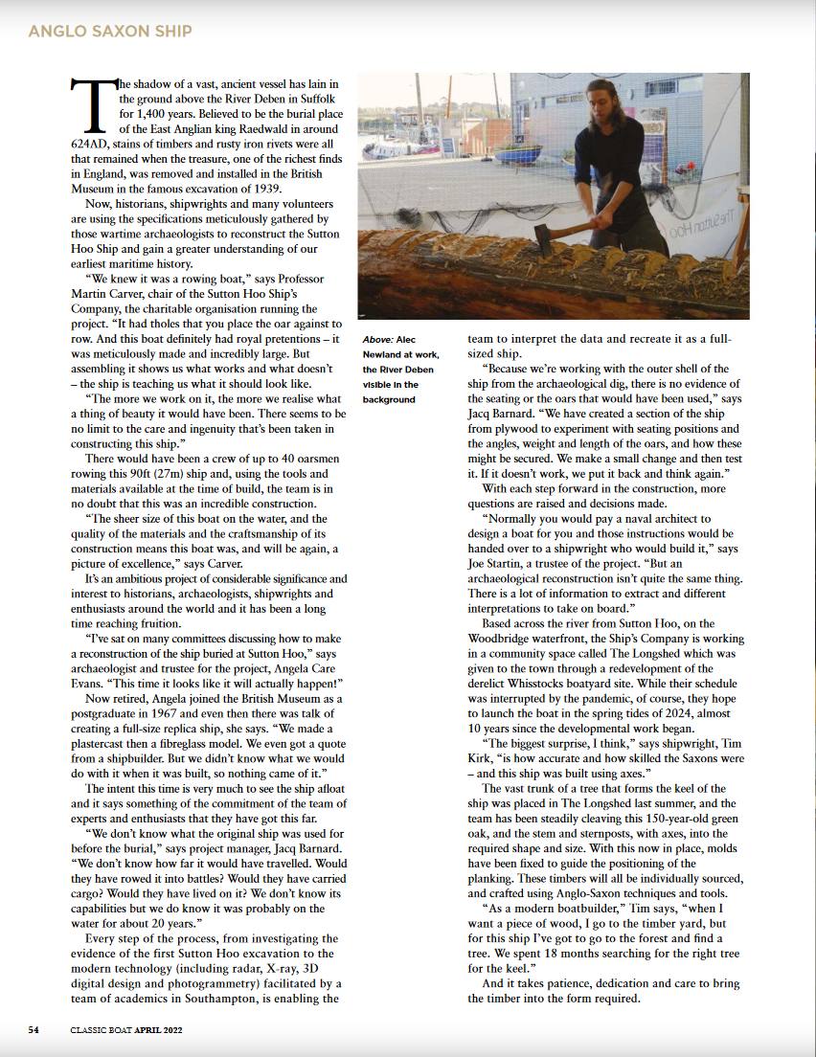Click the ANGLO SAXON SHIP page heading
click(110, 32)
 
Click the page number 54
click(34, 1030)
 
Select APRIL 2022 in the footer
click(158, 1030)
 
